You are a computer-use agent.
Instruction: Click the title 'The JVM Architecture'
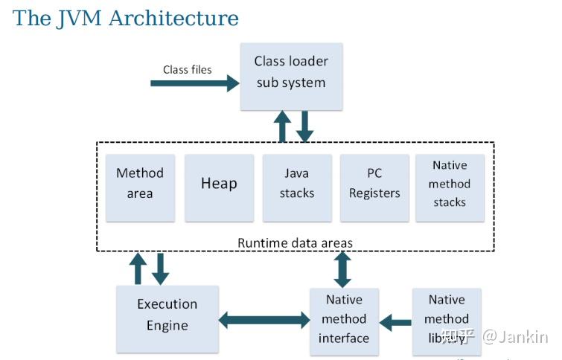click(126, 18)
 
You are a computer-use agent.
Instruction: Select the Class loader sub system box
click(291, 72)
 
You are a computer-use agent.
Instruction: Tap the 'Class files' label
click(188, 69)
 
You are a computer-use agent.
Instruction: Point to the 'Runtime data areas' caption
click(295, 242)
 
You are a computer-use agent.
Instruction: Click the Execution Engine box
click(167, 315)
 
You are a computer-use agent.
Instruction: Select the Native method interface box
click(344, 319)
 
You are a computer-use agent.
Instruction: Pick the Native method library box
click(447, 319)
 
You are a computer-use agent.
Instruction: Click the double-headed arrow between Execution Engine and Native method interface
click(264, 321)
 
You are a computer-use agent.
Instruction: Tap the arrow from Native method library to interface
click(395, 322)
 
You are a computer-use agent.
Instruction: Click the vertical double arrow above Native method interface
click(342, 269)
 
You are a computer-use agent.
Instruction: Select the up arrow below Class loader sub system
click(282, 126)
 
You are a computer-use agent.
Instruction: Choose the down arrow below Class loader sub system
click(304, 126)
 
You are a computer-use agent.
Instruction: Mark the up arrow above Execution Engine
click(138, 269)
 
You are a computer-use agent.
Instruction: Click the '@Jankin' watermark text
click(515, 337)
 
